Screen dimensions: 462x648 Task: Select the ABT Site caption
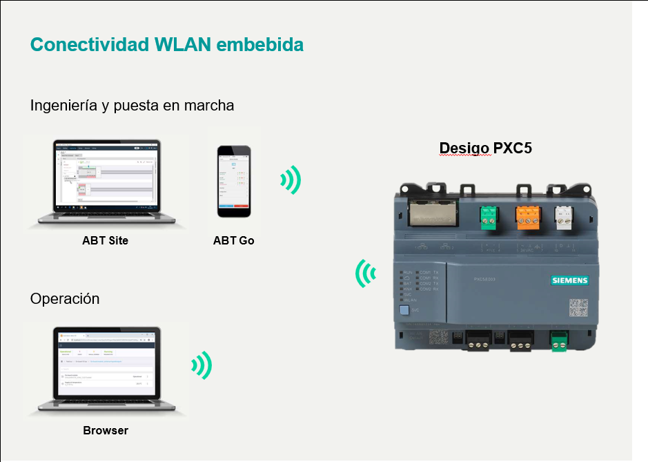[105, 241]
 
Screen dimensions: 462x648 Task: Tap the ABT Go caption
[233, 241]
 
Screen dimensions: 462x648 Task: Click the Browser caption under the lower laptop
[106, 430]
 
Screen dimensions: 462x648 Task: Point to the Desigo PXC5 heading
[485, 148]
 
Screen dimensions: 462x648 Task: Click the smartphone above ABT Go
[233, 181]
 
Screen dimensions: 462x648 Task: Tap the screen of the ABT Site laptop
[106, 176]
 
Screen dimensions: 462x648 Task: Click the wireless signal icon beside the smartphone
[291, 180]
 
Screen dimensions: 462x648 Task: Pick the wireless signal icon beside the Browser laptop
[202, 365]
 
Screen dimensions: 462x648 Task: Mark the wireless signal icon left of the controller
[366, 273]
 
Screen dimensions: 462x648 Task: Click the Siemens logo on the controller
[569, 280]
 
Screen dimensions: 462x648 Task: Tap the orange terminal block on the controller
[527, 217]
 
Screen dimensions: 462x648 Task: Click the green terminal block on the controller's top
[489, 217]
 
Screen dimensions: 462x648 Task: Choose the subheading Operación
[65, 299]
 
